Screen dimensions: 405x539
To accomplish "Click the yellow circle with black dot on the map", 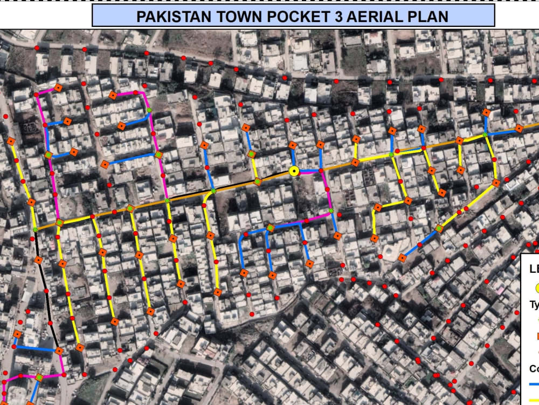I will (294, 171).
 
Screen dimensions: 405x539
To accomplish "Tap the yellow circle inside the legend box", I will (533, 288).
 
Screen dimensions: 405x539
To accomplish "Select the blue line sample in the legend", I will (534, 384).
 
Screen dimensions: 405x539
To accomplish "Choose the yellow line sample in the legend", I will (534, 400).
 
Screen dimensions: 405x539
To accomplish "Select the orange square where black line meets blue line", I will (59, 351).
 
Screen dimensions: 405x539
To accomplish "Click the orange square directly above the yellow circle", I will (293, 145).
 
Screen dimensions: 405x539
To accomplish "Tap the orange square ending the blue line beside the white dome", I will (402, 258).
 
